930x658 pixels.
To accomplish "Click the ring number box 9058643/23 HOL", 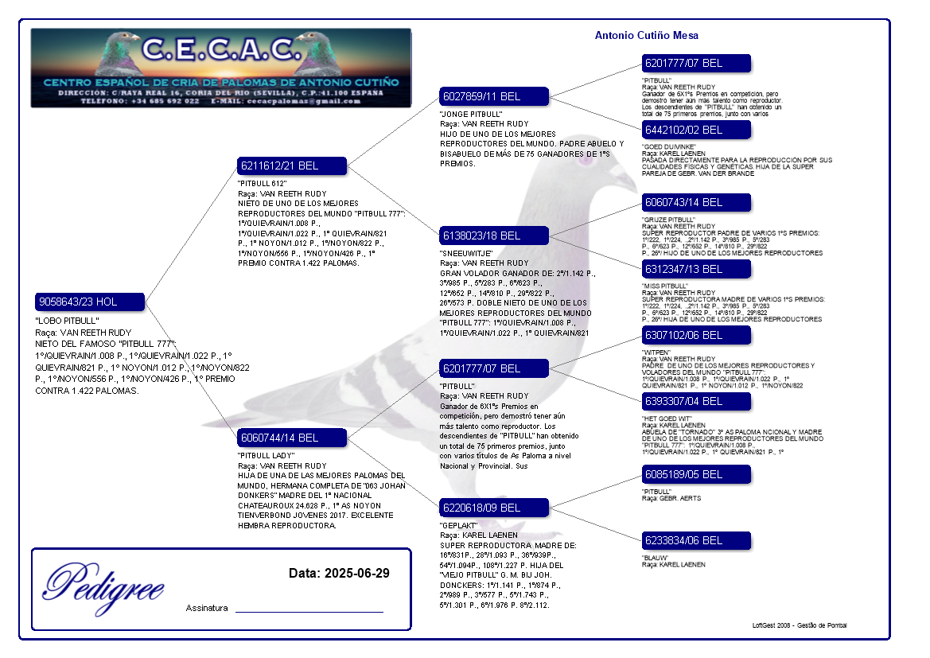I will [90, 302].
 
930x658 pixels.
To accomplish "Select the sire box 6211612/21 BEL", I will [292, 165].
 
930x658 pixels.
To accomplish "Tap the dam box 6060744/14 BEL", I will [292, 437].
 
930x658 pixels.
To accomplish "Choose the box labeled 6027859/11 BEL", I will [494, 96].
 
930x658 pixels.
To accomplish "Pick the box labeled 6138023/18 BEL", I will [494, 236].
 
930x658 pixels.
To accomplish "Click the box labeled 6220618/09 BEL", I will [494, 507].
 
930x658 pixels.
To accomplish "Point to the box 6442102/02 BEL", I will [696, 129].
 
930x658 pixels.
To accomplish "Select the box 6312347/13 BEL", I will [696, 269].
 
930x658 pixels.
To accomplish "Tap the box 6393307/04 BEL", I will [696, 401].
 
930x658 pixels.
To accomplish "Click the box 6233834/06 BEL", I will [696, 540].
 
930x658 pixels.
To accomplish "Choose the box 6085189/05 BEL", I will [696, 474].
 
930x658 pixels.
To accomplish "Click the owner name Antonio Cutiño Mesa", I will [647, 35].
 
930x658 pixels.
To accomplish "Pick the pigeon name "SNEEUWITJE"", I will [465, 253].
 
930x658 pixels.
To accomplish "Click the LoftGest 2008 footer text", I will [799, 625].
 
